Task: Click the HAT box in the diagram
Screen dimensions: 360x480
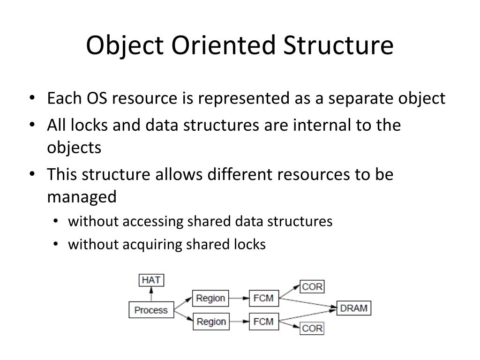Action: [151, 280]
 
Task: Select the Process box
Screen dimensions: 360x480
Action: [150, 310]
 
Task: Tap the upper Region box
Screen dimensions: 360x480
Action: [210, 298]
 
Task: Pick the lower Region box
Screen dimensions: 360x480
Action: [210, 322]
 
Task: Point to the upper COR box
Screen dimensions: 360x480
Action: [312, 286]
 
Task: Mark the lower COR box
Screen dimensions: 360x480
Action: [312, 328]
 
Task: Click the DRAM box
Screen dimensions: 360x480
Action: [354, 308]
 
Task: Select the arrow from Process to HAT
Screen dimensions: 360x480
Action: [151, 294]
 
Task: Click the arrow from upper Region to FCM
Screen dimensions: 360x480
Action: [239, 298]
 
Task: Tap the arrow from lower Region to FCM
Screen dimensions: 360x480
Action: [239, 322]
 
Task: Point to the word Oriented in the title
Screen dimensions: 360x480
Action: [225, 46]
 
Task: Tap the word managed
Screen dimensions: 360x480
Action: [81, 197]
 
